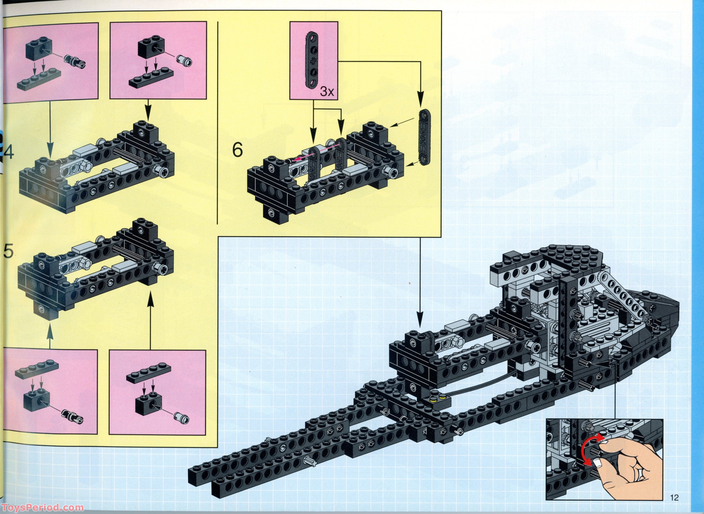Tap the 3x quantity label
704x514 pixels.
(x=327, y=91)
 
